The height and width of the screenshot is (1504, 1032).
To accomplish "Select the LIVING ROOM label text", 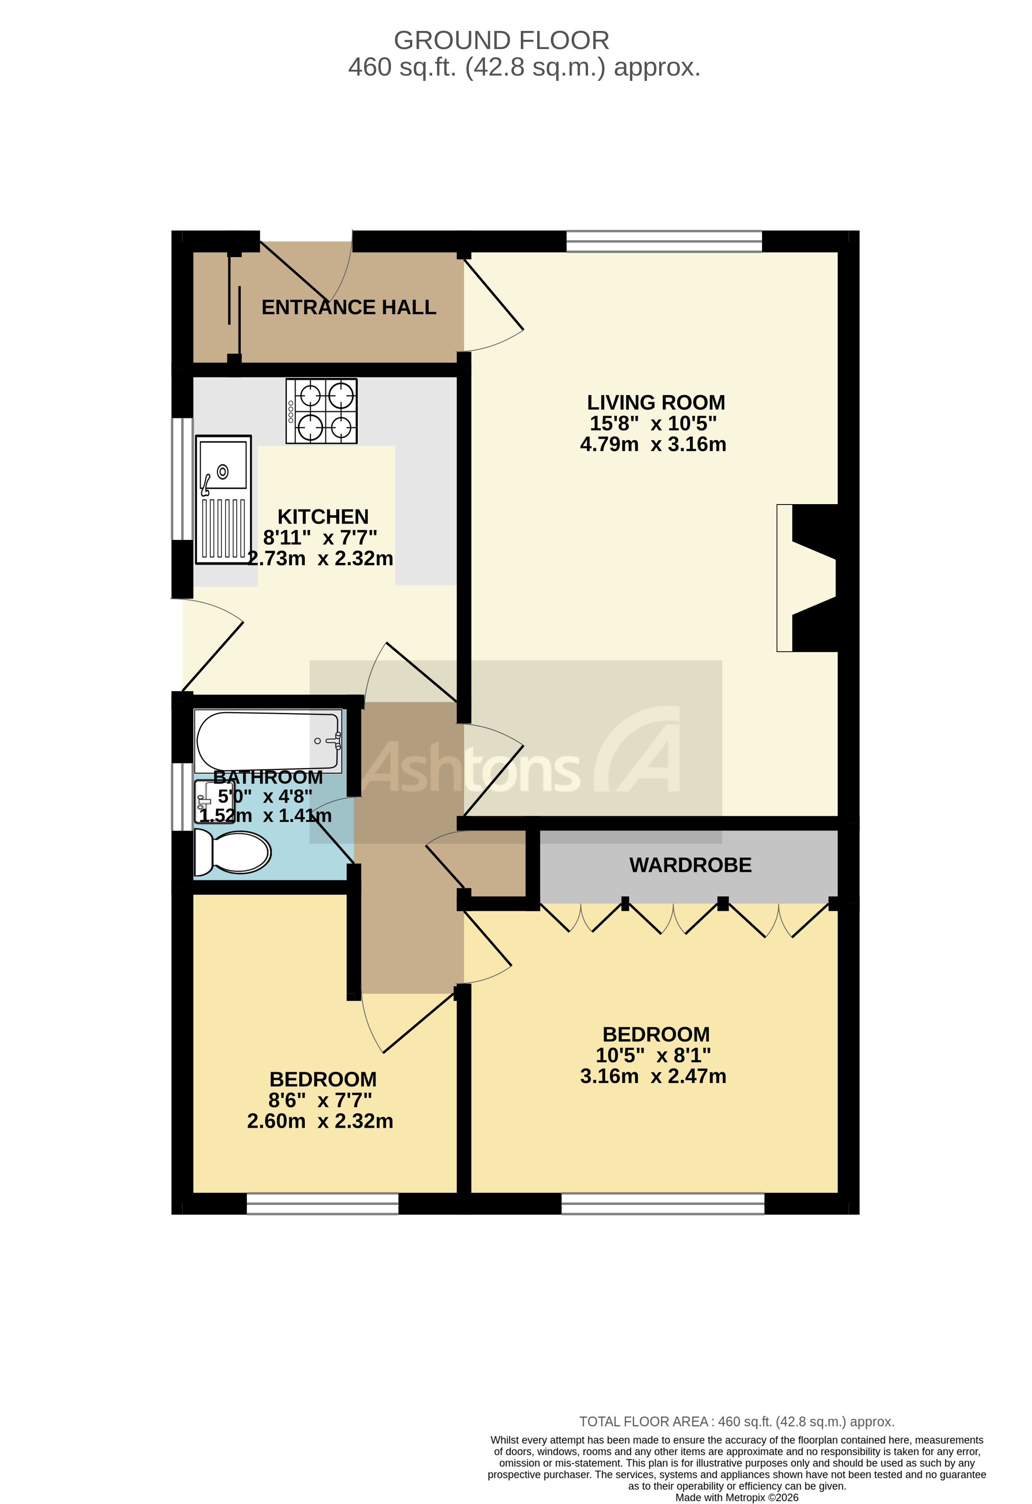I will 656,403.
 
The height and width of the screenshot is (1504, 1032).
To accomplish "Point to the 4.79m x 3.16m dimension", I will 653,444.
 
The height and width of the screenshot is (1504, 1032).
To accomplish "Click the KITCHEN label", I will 323,517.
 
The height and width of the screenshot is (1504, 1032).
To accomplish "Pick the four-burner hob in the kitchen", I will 322,411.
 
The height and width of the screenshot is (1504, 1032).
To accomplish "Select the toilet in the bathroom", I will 233,852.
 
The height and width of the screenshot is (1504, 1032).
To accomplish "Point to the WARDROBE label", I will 691,865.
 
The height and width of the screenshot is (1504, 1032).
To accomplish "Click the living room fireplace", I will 809,578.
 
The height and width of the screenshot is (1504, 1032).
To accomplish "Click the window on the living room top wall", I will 664,241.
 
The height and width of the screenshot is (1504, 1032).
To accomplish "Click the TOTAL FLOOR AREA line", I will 736,1422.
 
